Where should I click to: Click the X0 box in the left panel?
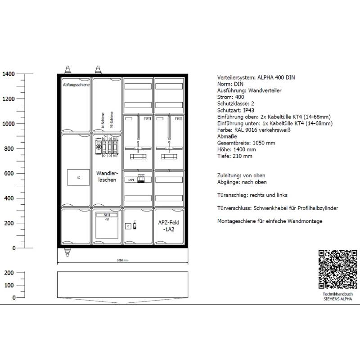(78, 177)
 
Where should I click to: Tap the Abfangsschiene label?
(76, 85)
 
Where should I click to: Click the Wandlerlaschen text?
(107, 176)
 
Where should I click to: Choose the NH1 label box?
(107, 216)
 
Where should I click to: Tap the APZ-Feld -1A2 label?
(169, 225)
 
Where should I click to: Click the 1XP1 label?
(130, 180)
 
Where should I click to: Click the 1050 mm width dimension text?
(122, 260)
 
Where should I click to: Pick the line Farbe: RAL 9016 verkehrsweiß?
(254, 130)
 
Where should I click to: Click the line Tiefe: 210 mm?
(234, 156)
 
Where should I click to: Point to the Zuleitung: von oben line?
(241, 175)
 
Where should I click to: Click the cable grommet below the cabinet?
(68, 252)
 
